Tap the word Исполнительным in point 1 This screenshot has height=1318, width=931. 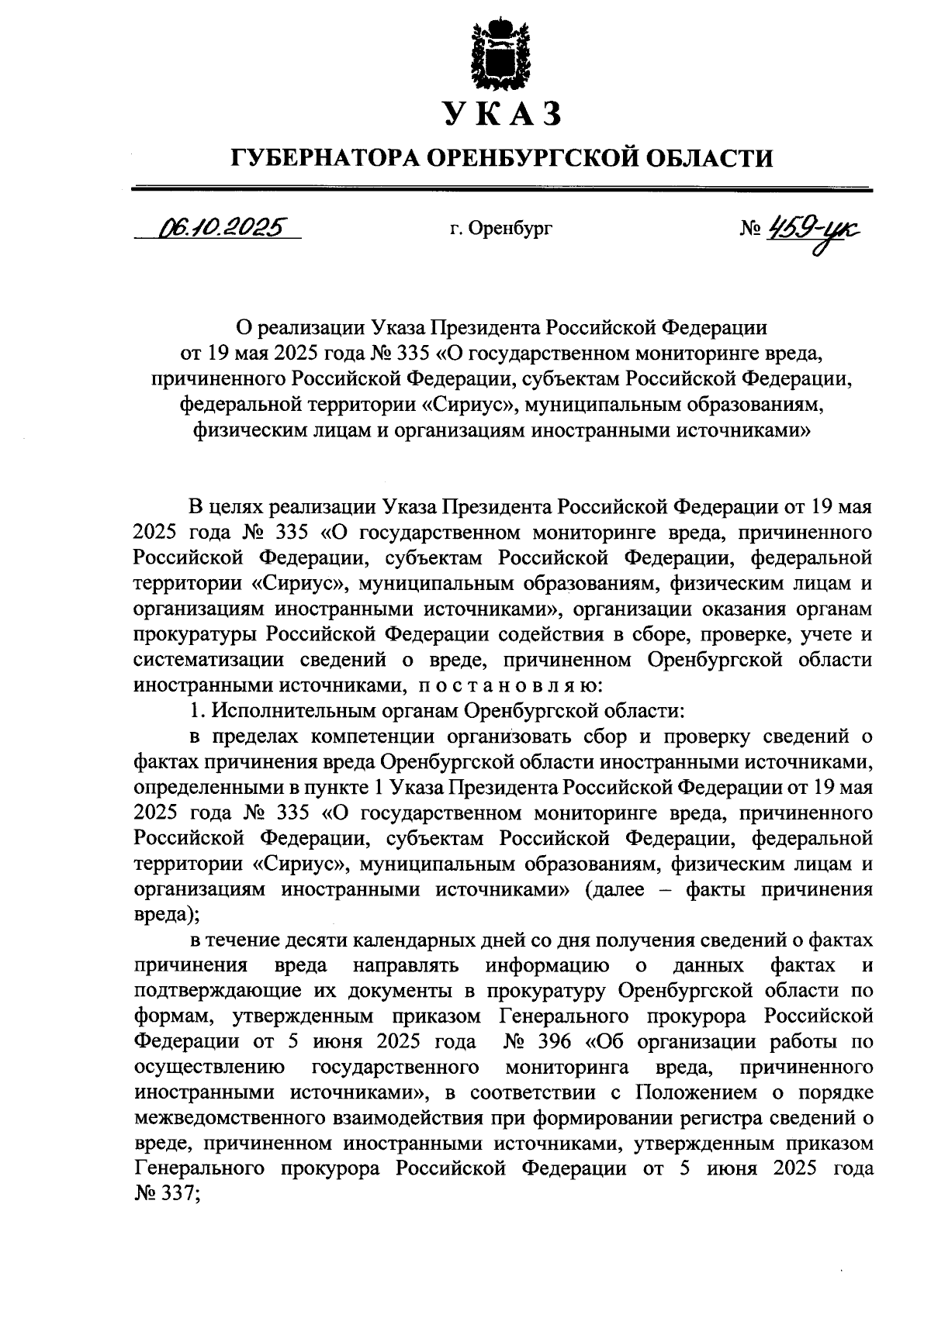click(x=335, y=709)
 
